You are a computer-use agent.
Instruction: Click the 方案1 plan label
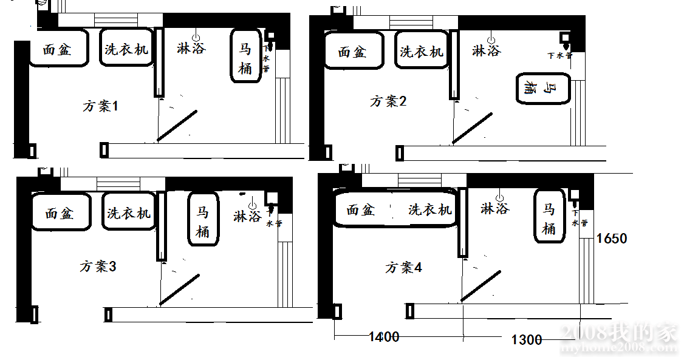click(100, 106)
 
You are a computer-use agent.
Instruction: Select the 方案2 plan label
click(388, 101)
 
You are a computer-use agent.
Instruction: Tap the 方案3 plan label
click(97, 267)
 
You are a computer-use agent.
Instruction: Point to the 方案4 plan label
click(403, 268)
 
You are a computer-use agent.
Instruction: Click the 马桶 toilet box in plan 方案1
click(245, 56)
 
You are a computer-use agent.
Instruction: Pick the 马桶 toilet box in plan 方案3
click(203, 220)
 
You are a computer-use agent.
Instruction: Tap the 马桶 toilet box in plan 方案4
click(549, 217)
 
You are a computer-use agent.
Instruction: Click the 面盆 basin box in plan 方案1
click(58, 49)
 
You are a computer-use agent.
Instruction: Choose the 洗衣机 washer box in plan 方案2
click(422, 51)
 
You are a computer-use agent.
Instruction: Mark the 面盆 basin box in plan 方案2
click(353, 51)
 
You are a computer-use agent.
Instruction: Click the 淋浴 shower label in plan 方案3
click(248, 216)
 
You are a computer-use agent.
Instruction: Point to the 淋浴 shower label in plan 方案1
click(191, 48)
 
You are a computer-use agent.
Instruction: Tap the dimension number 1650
click(612, 239)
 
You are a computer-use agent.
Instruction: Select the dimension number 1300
click(527, 340)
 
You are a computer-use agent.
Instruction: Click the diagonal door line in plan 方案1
click(177, 126)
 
